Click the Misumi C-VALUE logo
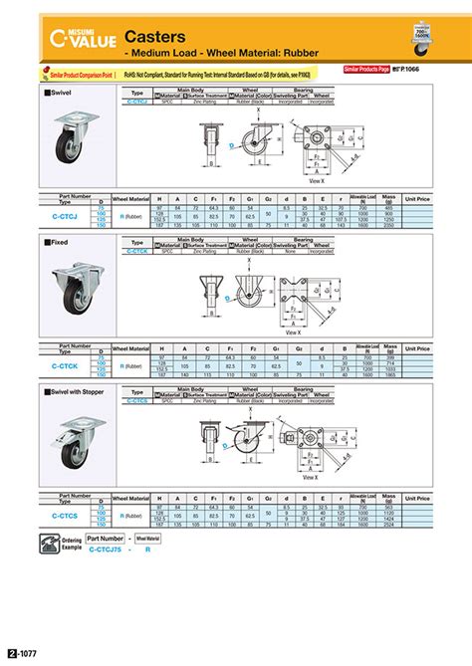(84, 38)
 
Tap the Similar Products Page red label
(366, 70)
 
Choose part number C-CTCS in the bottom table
(68, 516)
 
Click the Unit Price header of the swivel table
(417, 198)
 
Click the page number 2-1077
(22, 654)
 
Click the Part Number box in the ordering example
(105, 538)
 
